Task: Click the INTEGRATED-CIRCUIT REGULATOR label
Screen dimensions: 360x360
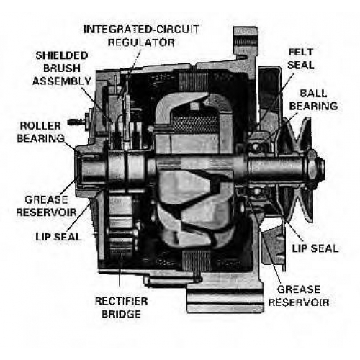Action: point(141,36)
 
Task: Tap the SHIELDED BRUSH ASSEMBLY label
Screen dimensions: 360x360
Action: point(62,68)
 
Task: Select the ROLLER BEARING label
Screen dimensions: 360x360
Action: point(41,132)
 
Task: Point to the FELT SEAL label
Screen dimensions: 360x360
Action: point(301,58)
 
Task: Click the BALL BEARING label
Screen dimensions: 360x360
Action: point(313,100)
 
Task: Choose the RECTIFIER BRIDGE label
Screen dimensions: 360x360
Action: point(121,307)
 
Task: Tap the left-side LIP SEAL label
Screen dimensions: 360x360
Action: point(59,237)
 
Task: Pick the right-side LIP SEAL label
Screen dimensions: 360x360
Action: point(315,248)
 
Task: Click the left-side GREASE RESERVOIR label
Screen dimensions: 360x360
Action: point(46,206)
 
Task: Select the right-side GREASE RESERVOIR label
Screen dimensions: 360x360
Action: point(299,296)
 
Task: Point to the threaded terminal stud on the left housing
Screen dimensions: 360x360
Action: point(77,122)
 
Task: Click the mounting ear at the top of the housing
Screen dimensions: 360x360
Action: point(246,42)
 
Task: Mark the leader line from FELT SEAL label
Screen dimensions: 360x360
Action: point(273,104)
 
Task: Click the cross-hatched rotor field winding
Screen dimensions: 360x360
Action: point(195,125)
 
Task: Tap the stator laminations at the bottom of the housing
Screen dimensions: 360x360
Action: point(197,260)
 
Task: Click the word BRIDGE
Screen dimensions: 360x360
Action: point(121,314)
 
